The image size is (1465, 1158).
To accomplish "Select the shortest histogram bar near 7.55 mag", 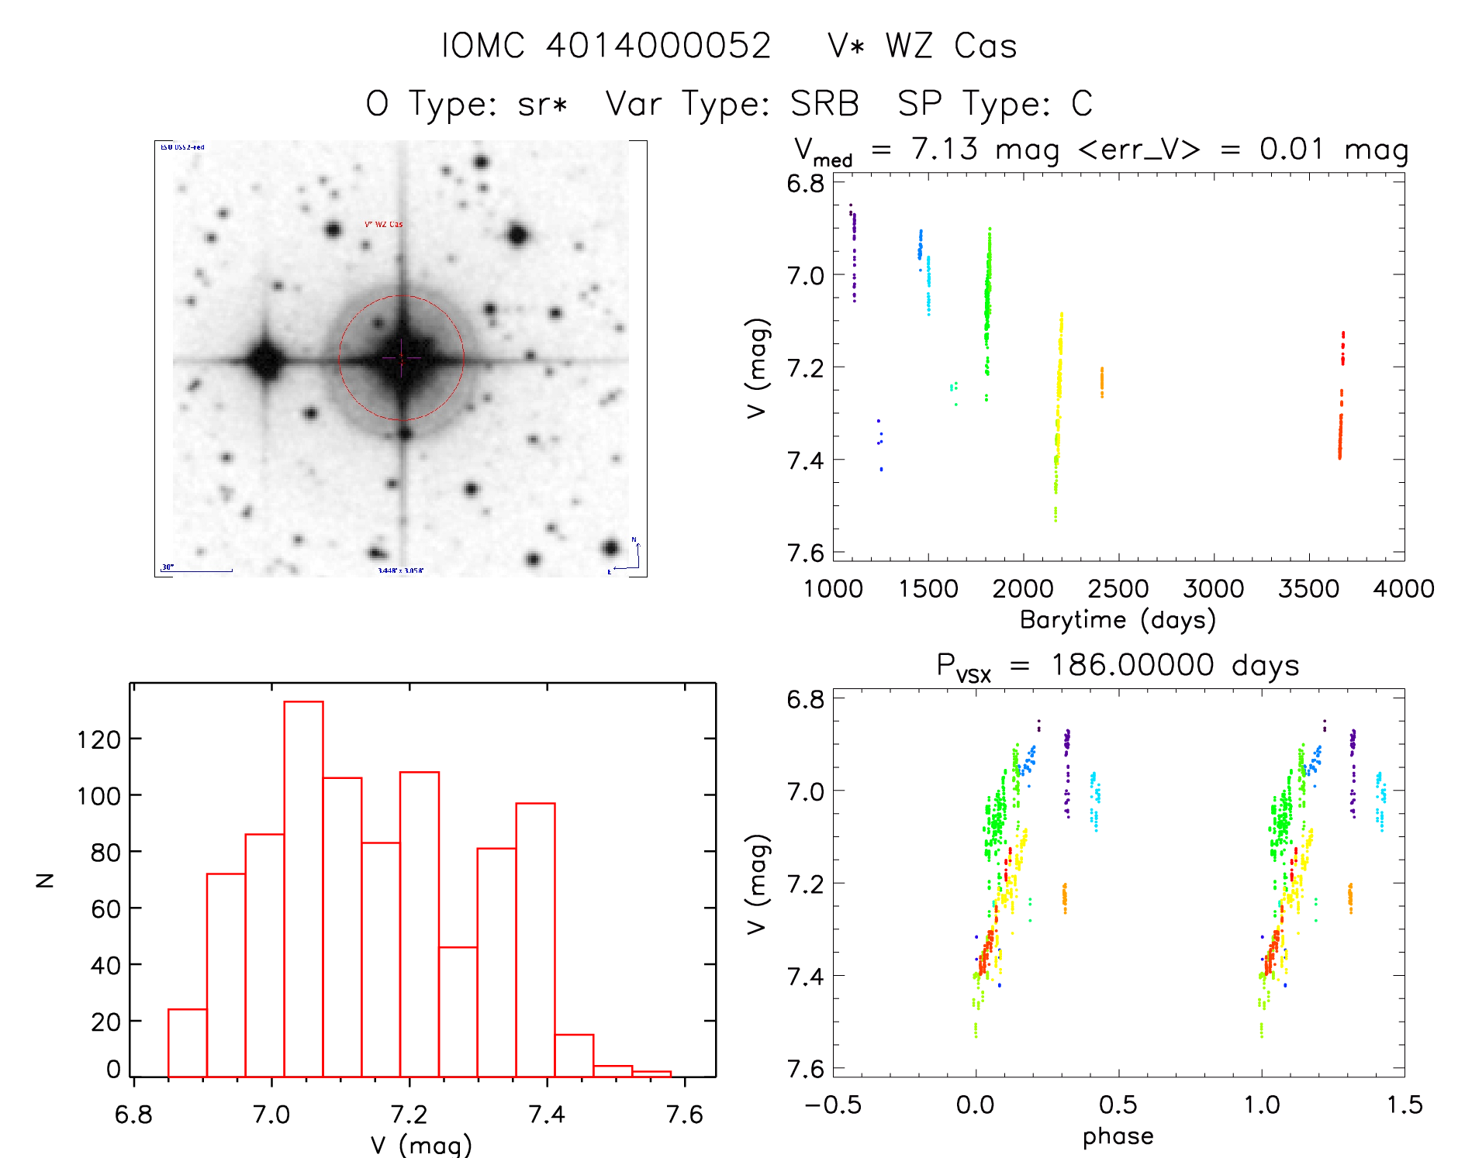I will [x=651, y=1074].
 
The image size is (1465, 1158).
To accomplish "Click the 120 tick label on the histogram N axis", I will [x=98, y=740].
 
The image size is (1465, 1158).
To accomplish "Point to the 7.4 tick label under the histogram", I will [x=546, y=1115].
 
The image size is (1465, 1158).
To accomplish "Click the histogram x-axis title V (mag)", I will [x=420, y=1145].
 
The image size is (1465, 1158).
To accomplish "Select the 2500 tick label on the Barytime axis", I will [x=1118, y=589].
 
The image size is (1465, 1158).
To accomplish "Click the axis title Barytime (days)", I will [x=1117, y=620].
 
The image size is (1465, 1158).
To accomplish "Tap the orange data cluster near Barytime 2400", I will [x=1101, y=382].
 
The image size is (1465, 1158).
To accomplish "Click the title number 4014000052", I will [x=658, y=46].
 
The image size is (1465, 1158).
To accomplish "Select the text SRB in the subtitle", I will [x=824, y=104].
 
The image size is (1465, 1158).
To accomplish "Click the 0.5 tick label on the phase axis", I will [x=1118, y=1105].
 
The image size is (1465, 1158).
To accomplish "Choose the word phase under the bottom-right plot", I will [x=1118, y=1136].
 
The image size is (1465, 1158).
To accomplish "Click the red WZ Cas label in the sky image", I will [x=384, y=225].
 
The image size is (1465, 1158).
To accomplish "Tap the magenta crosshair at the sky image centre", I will [x=401, y=358].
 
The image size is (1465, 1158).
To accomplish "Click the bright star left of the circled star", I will [x=266, y=360].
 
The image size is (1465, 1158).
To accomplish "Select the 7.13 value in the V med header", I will [x=945, y=149].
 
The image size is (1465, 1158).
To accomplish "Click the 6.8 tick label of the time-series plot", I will [x=805, y=184].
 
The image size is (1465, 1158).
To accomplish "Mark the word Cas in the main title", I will [x=985, y=46].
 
